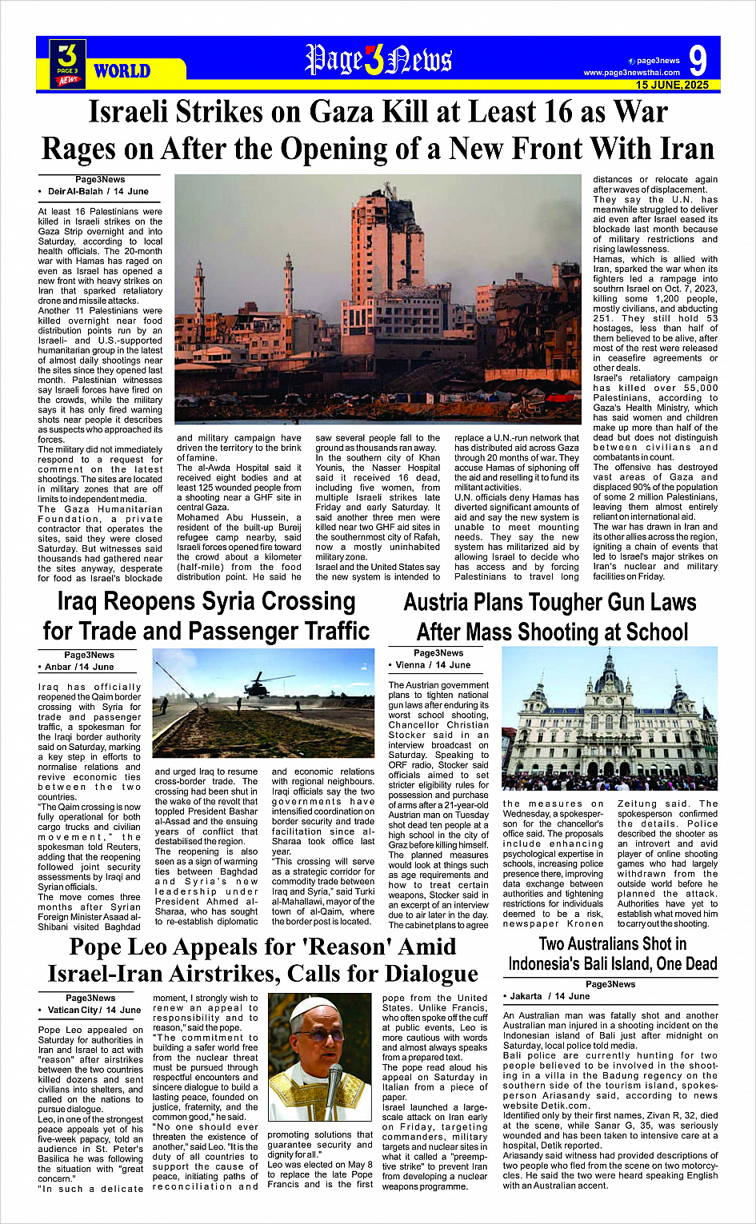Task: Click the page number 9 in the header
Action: pyautogui.click(x=698, y=61)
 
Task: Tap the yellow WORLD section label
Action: pyautogui.click(x=122, y=71)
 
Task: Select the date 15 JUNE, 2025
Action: pyautogui.click(x=672, y=85)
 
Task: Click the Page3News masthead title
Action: pyautogui.click(x=378, y=60)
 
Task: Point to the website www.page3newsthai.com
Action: pyautogui.click(x=631, y=73)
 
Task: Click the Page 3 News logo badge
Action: pyautogui.click(x=68, y=62)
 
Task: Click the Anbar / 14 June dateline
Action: pyautogui.click(x=79, y=667)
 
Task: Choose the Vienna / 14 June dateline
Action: pyautogui.click(x=432, y=665)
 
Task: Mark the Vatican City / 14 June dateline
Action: pyautogui.click(x=94, y=1011)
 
